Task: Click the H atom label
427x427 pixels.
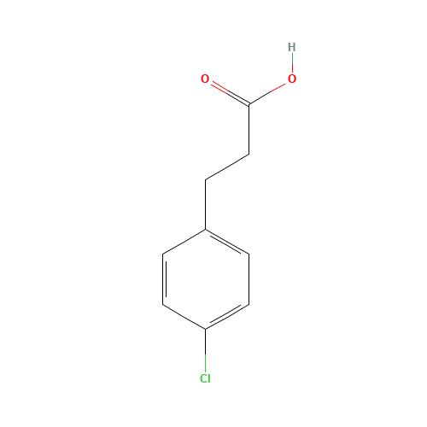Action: pyautogui.click(x=292, y=47)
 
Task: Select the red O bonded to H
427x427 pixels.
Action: pyautogui.click(x=292, y=79)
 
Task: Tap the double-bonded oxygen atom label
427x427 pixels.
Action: pyautogui.click(x=205, y=79)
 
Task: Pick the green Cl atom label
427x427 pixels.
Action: pyautogui.click(x=205, y=378)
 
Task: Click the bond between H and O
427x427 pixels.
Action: pyautogui.click(x=292, y=63)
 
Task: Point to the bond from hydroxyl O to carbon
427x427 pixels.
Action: pyautogui.click(x=268, y=92)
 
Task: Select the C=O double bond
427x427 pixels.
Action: pyautogui.click(x=227, y=92)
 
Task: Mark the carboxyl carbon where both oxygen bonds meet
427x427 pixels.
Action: pyautogui.click(x=249, y=104)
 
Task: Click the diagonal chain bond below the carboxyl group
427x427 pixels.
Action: pyautogui.click(x=227, y=167)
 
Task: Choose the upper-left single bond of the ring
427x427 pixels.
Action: pyautogui.click(x=184, y=241)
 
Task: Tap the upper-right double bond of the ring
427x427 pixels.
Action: pyautogui.click(x=227, y=241)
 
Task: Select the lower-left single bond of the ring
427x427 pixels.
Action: pyautogui.click(x=184, y=316)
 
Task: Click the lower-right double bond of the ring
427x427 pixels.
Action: pyautogui.click(x=227, y=316)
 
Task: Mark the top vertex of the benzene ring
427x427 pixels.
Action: pyautogui.click(x=205, y=228)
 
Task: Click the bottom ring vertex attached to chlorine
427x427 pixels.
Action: pyautogui.click(x=205, y=329)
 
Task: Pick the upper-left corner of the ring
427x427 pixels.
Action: pyautogui.click(x=162, y=254)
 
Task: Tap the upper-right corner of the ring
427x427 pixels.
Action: pyautogui.click(x=249, y=254)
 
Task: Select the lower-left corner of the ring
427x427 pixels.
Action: pyautogui.click(x=162, y=303)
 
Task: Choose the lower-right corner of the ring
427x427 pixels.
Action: pyautogui.click(x=249, y=303)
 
